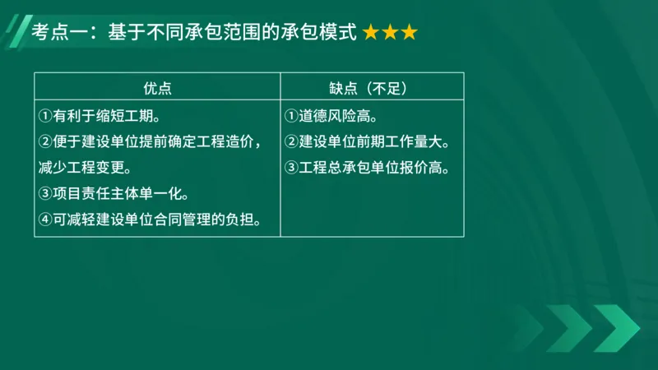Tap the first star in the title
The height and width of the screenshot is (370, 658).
click(371, 33)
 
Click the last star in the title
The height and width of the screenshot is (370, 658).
click(409, 33)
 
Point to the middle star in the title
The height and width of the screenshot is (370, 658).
click(390, 33)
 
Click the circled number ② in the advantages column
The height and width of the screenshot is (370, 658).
click(45, 142)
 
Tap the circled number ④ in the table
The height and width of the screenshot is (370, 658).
click(45, 220)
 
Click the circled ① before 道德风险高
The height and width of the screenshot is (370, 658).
click(291, 116)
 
